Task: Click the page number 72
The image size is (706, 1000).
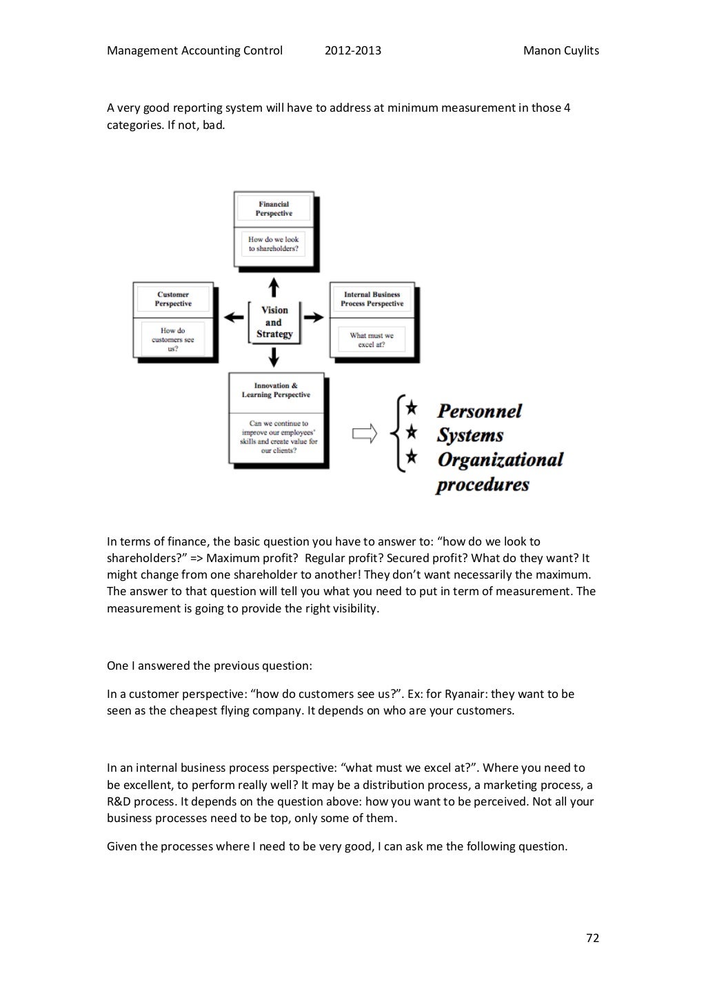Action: pos(592,938)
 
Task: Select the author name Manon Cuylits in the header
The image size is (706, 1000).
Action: pos(561,50)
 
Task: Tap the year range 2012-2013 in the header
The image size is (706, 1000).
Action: pos(352,50)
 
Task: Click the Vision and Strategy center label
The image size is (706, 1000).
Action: pos(274,322)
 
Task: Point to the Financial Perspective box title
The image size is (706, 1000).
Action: pos(274,209)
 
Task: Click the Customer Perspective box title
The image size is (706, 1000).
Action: pos(173,299)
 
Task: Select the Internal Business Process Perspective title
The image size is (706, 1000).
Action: pos(372,299)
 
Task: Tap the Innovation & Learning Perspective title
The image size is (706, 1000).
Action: pos(276,390)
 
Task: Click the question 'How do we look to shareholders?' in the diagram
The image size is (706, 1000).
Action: pos(274,244)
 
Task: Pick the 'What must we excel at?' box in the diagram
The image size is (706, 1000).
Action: pos(372,340)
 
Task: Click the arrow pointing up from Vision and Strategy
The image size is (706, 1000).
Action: pos(274,286)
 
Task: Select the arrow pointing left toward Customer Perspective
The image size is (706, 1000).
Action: pos(234,317)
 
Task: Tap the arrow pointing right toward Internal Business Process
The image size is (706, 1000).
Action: pos(314,317)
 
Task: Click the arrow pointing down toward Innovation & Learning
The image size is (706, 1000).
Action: pos(274,357)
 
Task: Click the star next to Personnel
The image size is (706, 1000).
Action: pos(411,408)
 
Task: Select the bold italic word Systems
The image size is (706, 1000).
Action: pos(470,436)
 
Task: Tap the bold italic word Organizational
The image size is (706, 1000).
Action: pos(500,460)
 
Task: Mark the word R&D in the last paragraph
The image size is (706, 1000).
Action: pos(119,801)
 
